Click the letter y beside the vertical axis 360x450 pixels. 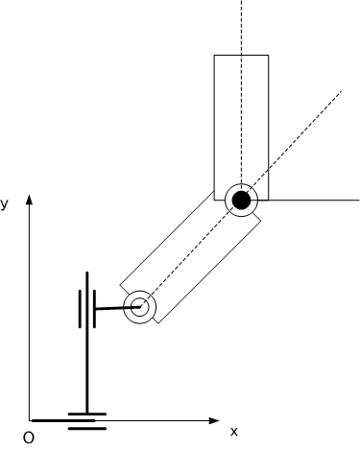(4, 204)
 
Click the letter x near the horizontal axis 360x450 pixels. (234, 432)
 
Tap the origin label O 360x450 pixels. (29, 438)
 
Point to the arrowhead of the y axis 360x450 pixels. (30, 200)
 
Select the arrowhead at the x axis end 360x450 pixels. (214, 420)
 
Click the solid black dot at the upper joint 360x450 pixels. (241, 201)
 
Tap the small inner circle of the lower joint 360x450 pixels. (140, 307)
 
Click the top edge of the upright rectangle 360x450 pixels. (241, 55)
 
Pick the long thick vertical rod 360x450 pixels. (87, 343)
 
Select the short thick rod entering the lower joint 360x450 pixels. (118, 308)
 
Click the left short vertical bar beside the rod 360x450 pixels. (80, 309)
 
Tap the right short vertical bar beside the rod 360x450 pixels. (94, 309)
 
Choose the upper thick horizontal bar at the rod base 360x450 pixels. (87, 414)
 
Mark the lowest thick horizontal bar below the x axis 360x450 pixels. (87, 429)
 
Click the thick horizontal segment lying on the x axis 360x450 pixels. (63, 420)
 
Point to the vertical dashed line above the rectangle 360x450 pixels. (242, 28)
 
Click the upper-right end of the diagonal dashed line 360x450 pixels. (342, 91)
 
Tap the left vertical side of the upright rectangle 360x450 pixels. (214, 128)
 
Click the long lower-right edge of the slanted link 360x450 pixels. (209, 272)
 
